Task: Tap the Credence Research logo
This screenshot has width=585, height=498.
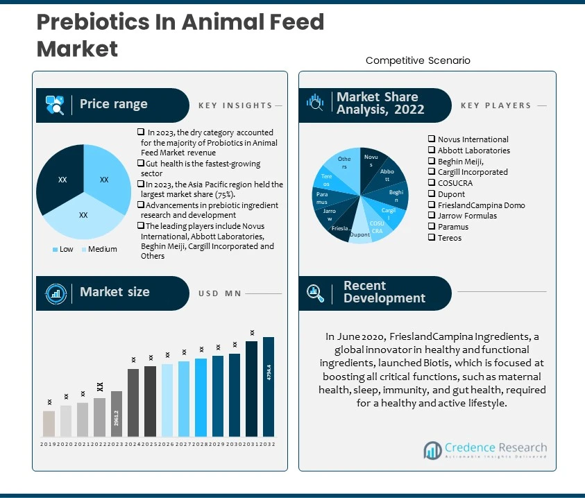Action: pos(485,450)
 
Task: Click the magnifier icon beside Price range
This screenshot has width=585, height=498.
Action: pos(55,105)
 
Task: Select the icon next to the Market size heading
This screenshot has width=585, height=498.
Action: pos(55,293)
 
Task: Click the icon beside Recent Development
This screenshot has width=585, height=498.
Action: pos(316,293)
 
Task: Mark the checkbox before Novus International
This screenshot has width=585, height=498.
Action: pos(432,139)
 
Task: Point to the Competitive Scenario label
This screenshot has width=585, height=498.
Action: pos(418,60)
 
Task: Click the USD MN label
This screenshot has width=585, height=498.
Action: pos(220,293)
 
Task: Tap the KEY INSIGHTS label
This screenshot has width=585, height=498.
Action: pos(235,105)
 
